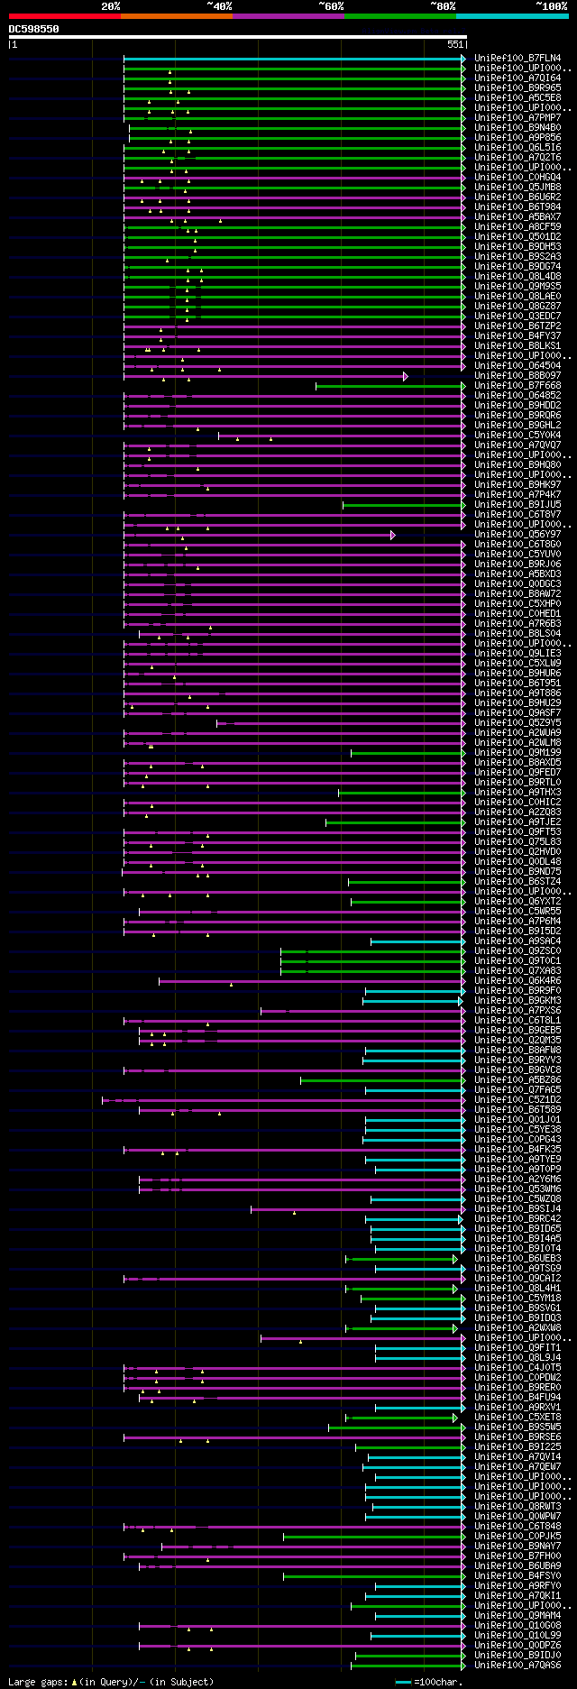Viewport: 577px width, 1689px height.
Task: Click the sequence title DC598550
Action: coord(34,29)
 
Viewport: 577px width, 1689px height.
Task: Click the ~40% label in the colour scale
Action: coord(219,6)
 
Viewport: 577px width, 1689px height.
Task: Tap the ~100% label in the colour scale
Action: coord(551,6)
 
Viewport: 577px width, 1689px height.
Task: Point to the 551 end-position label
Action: coord(455,44)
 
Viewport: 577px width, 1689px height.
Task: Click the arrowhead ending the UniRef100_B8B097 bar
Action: coord(406,376)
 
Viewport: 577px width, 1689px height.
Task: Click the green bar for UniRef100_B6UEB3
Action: coord(400,1259)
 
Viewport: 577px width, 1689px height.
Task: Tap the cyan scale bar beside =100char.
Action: coord(403,1682)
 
